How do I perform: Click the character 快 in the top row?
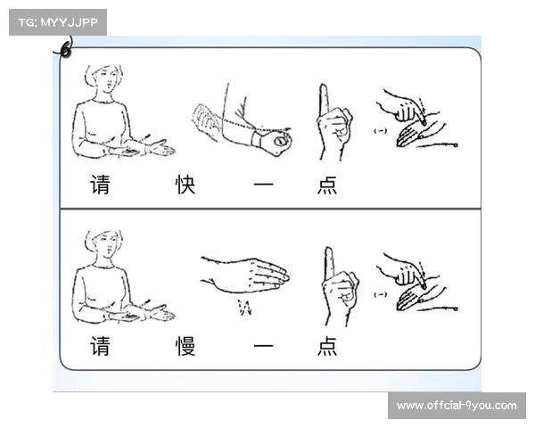[185, 185]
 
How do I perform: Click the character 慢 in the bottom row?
[185, 346]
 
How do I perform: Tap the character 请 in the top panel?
[100, 185]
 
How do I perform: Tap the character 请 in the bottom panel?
[100, 346]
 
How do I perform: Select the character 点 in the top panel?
[327, 185]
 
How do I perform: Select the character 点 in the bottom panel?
[327, 346]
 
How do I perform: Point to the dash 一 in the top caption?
[263, 185]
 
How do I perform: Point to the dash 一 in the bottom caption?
[263, 346]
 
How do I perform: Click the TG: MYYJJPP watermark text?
[58, 22]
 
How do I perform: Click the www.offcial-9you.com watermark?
[457, 406]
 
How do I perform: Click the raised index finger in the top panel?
[324, 99]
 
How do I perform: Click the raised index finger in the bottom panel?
[329, 263]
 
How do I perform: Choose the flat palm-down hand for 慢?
[246, 275]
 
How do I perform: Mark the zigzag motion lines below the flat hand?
[245, 308]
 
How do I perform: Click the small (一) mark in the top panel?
[381, 131]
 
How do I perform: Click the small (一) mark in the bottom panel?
[381, 294]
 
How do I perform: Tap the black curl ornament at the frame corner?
[65, 49]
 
